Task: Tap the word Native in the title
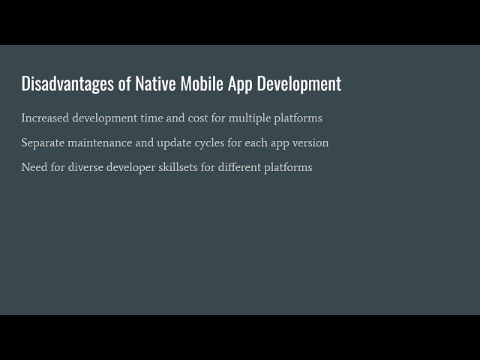point(155,83)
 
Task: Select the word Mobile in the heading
point(203,83)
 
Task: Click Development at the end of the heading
point(300,83)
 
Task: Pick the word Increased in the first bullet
point(45,118)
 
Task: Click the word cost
point(201,118)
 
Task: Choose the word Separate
point(44,142)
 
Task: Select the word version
point(309,142)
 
